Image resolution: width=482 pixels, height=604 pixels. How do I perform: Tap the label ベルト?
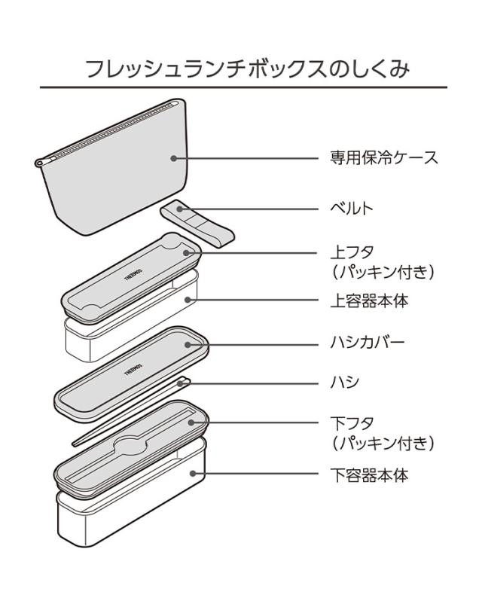click(352, 209)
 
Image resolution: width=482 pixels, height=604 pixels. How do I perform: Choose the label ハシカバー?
click(368, 343)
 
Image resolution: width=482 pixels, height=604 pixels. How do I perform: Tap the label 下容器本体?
click(369, 475)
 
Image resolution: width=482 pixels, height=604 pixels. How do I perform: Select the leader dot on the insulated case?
click(174, 159)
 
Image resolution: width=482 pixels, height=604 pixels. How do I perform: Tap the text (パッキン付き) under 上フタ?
click(383, 271)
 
